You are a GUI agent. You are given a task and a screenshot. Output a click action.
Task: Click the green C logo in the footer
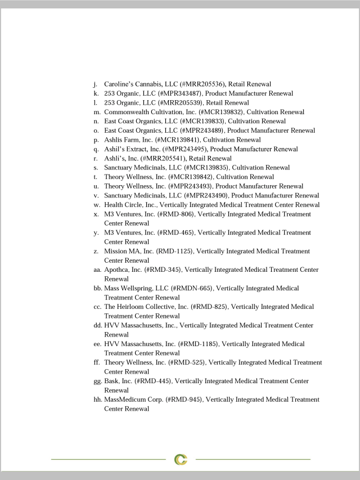click(180, 459)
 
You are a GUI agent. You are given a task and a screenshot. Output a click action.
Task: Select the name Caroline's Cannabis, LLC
click(140, 84)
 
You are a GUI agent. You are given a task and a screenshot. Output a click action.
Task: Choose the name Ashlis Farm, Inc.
click(128, 140)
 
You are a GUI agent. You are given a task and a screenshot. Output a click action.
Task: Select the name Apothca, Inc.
click(123, 270)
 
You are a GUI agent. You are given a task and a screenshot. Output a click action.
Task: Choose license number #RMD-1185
click(199, 344)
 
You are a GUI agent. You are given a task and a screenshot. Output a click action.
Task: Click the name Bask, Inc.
click(118, 381)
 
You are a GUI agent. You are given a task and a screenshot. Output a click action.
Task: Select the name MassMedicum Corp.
click(132, 400)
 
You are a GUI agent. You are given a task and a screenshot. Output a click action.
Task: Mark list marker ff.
click(97, 362)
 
